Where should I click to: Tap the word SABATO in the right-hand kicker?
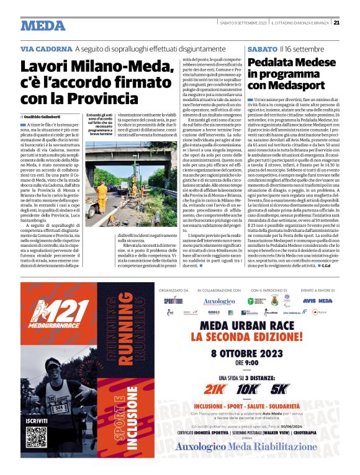pos(261,48)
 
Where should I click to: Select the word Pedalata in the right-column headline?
pos(270,63)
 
